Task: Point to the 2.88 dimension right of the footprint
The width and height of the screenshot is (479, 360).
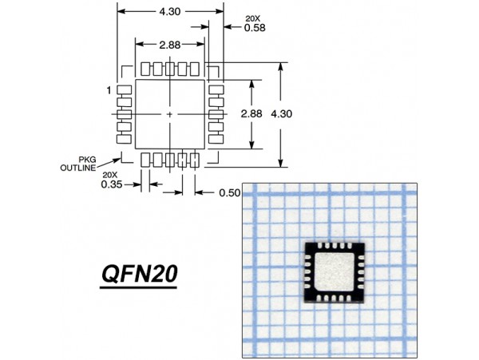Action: pos(251,114)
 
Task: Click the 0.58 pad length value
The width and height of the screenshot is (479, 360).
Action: pos(232,28)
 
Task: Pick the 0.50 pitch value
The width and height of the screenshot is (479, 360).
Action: pos(230,193)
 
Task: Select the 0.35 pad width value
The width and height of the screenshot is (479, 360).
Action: pos(111,184)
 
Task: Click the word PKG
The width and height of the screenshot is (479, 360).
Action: pos(87,160)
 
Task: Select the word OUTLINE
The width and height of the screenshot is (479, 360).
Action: pos(77,168)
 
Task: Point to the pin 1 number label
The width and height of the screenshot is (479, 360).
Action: pos(108,90)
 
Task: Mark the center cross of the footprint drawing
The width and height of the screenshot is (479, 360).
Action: pos(169,115)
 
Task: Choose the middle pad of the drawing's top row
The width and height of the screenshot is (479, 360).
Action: pos(169,68)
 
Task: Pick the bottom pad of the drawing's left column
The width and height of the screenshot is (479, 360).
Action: pos(124,139)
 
